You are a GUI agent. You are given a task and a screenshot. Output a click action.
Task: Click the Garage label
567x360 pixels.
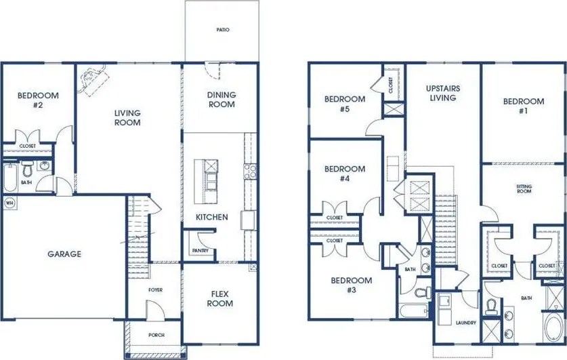pos(64,254)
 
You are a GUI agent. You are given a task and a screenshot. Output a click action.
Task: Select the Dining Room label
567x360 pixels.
pos(221,100)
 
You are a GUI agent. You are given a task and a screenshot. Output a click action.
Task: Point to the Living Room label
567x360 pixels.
pos(127,118)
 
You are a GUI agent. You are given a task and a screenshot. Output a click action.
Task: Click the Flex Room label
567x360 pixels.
pos(221,298)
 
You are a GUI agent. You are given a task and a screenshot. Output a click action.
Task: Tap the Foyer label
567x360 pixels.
pos(155,290)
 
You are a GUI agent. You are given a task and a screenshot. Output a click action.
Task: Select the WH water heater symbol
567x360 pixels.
pos(9,203)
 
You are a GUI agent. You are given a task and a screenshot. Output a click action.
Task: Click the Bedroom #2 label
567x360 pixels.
pos(38,101)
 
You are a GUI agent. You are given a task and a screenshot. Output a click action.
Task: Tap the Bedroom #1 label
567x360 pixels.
pos(523,106)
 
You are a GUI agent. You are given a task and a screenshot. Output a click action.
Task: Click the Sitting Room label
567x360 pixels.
pos(523,188)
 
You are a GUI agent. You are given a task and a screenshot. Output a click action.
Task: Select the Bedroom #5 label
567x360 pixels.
pos(345,104)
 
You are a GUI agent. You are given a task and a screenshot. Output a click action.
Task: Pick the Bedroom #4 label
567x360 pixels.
pos(344,174)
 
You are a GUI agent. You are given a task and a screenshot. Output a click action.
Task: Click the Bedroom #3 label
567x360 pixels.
pos(351,285)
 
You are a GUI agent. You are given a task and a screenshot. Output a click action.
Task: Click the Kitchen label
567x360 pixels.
pos(212,218)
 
